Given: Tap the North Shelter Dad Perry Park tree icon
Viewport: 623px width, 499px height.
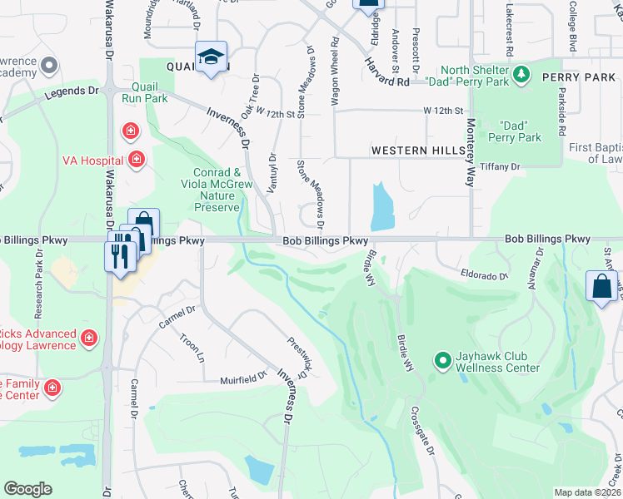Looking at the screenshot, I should [x=521, y=75].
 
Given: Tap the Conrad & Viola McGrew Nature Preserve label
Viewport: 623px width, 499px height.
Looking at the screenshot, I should [x=213, y=190].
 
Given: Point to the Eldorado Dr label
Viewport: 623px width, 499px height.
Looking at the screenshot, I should [x=484, y=274].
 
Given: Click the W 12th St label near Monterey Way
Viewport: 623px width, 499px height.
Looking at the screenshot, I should [x=442, y=110].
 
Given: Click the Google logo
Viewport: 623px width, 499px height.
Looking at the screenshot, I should [x=27, y=489].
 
